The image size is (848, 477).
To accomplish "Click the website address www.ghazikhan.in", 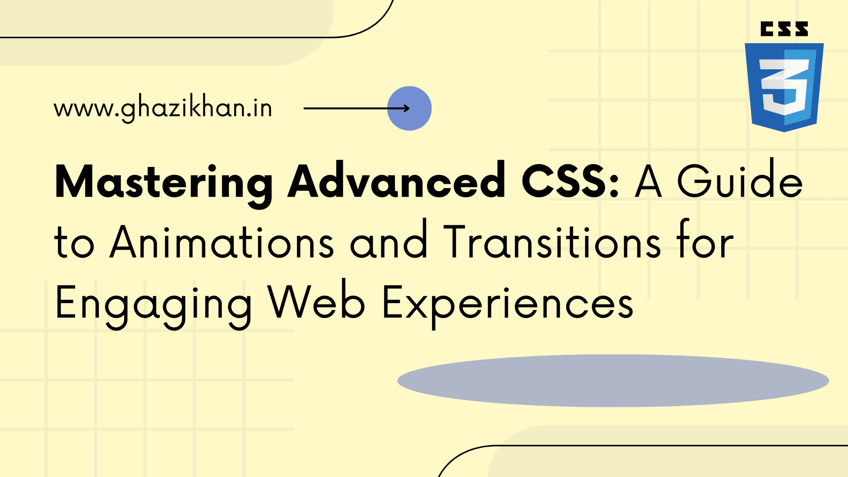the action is (x=163, y=109).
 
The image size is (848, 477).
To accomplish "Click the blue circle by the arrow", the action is (x=409, y=108).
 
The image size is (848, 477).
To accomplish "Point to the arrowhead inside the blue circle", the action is (x=406, y=108).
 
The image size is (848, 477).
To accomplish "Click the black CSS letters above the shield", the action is (x=784, y=29).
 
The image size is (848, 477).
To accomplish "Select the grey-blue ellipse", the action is (x=613, y=380).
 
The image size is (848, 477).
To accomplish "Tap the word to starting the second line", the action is (x=74, y=244).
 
